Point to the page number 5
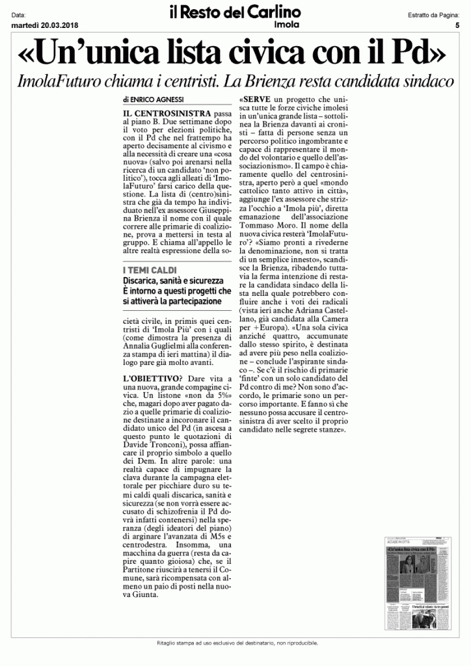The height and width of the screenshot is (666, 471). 457,25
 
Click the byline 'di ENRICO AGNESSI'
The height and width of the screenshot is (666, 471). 153,101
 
